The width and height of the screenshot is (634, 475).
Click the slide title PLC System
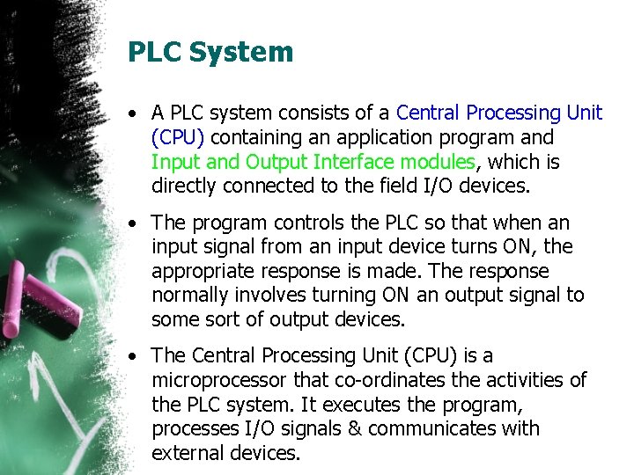click(210, 52)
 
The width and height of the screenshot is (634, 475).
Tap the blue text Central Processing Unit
click(499, 113)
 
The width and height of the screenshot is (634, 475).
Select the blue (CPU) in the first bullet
click(178, 137)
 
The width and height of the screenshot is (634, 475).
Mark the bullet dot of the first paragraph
click(130, 113)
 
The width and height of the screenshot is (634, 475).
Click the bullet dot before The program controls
click(130, 223)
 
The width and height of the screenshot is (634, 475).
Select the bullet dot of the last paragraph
click(130, 356)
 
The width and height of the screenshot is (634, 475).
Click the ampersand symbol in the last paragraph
click(354, 429)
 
